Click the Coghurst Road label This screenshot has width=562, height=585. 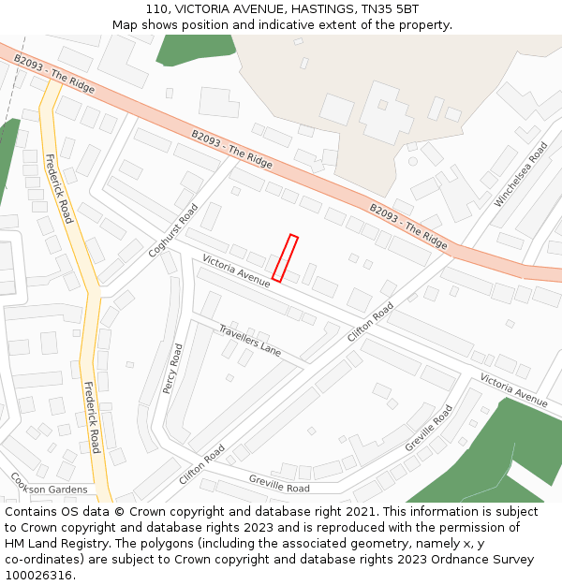tap(173, 230)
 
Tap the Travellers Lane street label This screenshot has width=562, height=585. tap(250, 340)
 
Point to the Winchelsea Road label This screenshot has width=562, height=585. tap(521, 174)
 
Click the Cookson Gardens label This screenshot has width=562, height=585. tap(49, 489)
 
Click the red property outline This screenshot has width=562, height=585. tap(285, 258)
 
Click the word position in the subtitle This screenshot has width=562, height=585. tap(195, 25)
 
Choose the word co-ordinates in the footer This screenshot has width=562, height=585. tap(41, 560)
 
